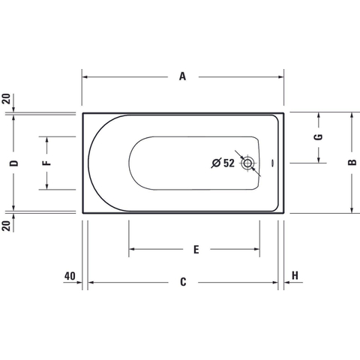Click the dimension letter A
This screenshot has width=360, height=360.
pos(183,76)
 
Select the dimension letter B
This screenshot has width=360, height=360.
pos(352,163)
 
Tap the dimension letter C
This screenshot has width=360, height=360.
pos(183,282)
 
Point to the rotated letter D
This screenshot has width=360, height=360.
pos(14,163)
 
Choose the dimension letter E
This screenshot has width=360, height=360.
pos(196,250)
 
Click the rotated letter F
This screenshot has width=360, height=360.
pos(47,163)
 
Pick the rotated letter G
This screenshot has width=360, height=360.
pos(319,137)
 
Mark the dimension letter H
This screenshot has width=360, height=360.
pos(295,275)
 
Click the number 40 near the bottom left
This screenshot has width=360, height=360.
pos(70,276)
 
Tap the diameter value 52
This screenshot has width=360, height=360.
pos(229,163)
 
